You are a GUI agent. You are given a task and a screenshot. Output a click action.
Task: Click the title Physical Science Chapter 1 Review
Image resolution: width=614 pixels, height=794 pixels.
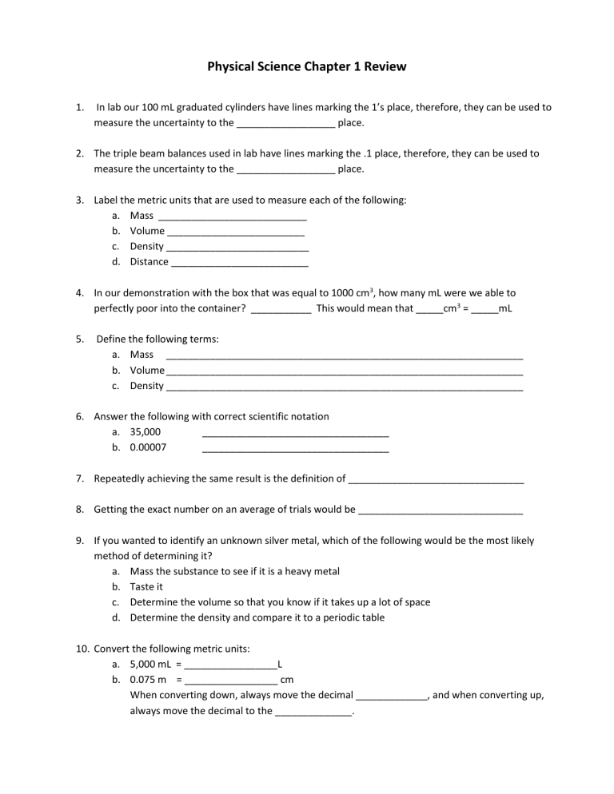tap(307, 67)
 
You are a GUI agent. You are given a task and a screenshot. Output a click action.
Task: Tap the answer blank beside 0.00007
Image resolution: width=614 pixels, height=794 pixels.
tap(296, 449)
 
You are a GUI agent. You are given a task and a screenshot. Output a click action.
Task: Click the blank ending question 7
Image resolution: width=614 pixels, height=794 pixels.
tap(437, 481)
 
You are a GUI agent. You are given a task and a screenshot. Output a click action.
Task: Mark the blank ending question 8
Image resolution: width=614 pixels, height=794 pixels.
tap(441, 510)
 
